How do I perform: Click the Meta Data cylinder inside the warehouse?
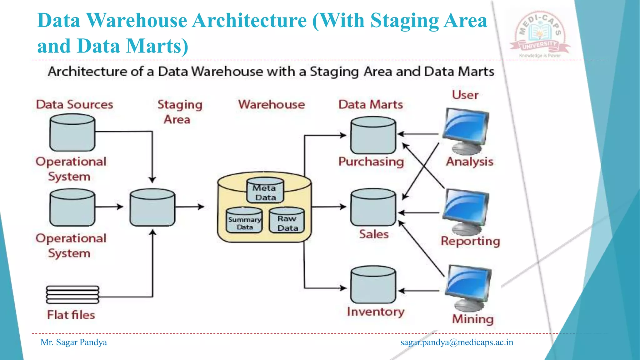[265, 190]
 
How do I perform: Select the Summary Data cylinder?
[244, 220]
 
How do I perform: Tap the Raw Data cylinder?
[287, 220]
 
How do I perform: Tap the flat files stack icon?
[72, 295]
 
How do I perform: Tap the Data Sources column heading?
[74, 104]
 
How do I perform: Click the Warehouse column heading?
[271, 104]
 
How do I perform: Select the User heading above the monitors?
[465, 95]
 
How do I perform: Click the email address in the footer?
[457, 342]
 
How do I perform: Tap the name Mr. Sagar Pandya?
[74, 342]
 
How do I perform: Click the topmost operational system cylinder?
[72, 132]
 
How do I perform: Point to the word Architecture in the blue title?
[249, 21]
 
